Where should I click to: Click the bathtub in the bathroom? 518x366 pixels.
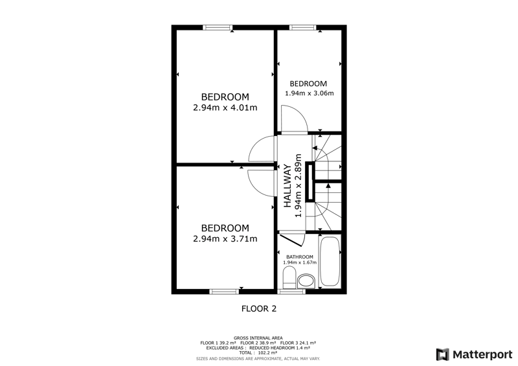pyautogui.click(x=330, y=261)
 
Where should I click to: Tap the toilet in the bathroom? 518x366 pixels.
pyautogui.click(x=289, y=277)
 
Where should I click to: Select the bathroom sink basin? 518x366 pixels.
pyautogui.click(x=306, y=281)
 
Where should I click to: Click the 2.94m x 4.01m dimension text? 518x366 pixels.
pyautogui.click(x=225, y=108)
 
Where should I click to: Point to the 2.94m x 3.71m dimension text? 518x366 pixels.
pyautogui.click(x=225, y=239)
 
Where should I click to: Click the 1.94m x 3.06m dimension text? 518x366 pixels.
pyautogui.click(x=310, y=93)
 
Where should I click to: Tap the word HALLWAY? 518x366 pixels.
pyautogui.click(x=287, y=186)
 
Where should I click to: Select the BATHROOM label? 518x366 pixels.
pyautogui.click(x=300, y=257)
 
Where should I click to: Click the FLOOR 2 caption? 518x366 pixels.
pyautogui.click(x=259, y=309)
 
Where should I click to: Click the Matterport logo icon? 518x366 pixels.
pyautogui.click(x=443, y=354)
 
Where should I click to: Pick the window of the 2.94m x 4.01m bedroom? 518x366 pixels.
pyautogui.click(x=218, y=27)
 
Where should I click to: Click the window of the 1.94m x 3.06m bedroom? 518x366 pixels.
pyautogui.click(x=302, y=27)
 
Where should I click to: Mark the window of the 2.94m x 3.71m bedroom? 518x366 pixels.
pyautogui.click(x=224, y=292)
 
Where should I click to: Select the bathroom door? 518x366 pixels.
pyautogui.click(x=291, y=240)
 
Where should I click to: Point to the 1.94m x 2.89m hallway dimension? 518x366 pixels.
pyautogui.click(x=298, y=185)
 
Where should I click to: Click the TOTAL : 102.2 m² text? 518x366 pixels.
pyautogui.click(x=258, y=353)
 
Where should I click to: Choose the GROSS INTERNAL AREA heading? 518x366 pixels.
pyautogui.click(x=258, y=338)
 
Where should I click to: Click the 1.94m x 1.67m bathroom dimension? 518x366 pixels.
pyautogui.click(x=300, y=262)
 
